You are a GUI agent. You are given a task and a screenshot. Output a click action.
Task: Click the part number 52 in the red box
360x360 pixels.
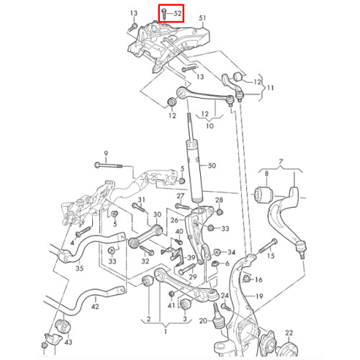click(x=177, y=14)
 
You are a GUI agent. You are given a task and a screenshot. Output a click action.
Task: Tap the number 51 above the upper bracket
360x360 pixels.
click(x=202, y=18)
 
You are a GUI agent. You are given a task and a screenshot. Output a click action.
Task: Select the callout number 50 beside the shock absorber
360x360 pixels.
click(x=212, y=166)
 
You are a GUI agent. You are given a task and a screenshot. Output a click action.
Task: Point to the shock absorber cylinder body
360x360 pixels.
click(x=194, y=171)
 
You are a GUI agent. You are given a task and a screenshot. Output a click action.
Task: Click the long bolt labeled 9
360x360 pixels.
click(x=109, y=166)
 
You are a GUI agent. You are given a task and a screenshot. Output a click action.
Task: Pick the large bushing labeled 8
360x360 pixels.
click(x=264, y=195)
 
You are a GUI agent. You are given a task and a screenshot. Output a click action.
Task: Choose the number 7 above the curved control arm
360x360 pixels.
click(x=281, y=161)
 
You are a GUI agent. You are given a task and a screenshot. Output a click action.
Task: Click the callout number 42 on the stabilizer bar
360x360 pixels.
click(x=95, y=307)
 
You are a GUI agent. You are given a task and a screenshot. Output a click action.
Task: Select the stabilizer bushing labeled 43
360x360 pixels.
click(x=63, y=326)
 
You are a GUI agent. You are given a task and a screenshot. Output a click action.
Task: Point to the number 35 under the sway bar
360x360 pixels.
click(x=79, y=268)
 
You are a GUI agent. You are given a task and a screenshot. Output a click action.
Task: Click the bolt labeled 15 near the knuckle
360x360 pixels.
click(x=268, y=246)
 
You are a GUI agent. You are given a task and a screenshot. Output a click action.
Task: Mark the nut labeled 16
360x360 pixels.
click(x=246, y=279)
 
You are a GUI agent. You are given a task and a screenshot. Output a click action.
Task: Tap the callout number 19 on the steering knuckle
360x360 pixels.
click(x=259, y=297)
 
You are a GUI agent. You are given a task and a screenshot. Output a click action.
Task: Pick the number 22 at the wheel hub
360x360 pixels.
click(x=289, y=333)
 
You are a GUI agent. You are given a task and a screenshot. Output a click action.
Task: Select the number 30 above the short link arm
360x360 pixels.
click(x=157, y=215)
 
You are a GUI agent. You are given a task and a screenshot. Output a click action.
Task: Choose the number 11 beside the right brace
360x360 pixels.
click(x=270, y=88)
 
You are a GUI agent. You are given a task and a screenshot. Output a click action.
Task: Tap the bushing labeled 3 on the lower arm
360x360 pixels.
click(x=185, y=305)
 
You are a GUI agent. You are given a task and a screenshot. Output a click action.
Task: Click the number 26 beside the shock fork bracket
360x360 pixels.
click(x=174, y=220)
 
